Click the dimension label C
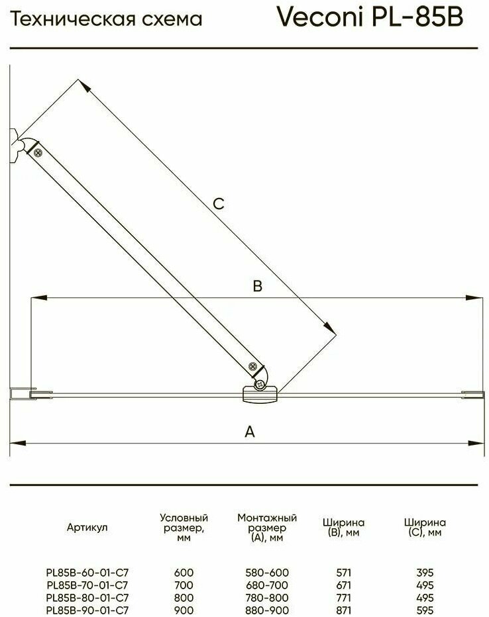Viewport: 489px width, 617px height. point(219,204)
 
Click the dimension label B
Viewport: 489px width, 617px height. point(258,286)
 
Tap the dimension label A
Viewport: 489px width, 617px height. point(250,432)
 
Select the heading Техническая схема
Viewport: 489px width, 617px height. point(107,21)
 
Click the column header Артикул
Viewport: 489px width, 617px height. point(87,528)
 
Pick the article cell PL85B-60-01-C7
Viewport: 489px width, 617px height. point(87,573)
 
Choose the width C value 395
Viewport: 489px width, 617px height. point(425,573)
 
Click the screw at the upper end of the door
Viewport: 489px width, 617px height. point(37,152)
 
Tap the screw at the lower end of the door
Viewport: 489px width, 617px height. point(252,366)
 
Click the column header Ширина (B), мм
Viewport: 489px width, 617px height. point(343,528)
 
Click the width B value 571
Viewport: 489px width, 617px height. point(343,573)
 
